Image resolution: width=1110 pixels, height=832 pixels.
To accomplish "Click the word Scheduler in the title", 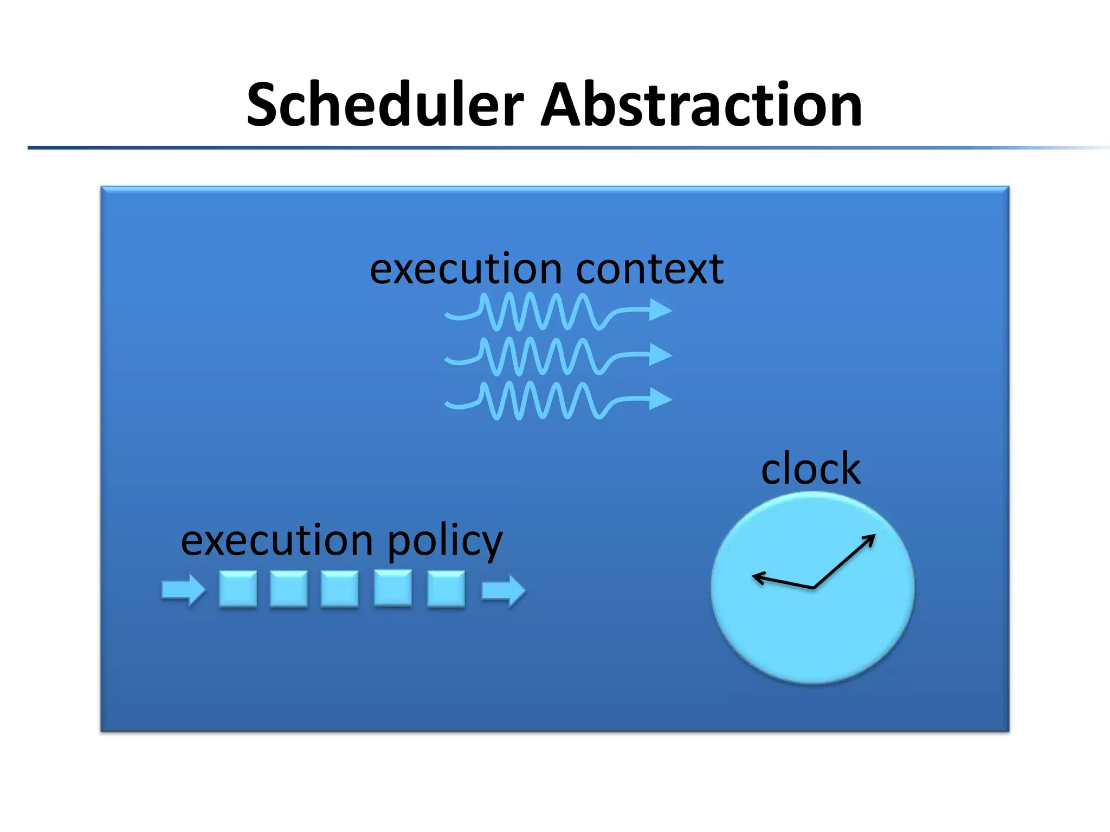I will coord(385,105).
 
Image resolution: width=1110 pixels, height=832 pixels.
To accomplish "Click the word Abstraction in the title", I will coord(701,105).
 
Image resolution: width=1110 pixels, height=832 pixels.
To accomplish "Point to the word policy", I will coord(445,542).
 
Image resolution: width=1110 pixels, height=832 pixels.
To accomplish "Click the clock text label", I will coord(810,469).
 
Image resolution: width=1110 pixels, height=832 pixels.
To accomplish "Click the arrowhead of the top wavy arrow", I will coord(661,310).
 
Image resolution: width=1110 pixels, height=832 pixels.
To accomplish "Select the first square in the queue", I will coord(238,589).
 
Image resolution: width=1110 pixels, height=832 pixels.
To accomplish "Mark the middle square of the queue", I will coord(340,589).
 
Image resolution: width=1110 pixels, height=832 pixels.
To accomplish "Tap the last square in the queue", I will coord(446,589).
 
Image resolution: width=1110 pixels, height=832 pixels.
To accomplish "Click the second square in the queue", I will coord(289,589).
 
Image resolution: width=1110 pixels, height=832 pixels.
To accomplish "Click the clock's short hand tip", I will coord(753,576).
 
